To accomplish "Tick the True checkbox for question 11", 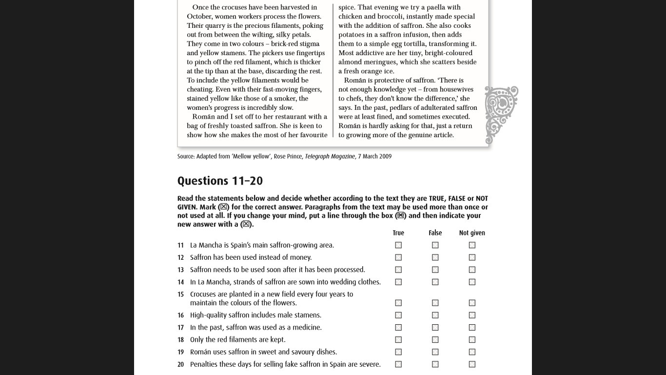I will tap(398, 245).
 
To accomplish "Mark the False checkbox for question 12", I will tap(435, 257).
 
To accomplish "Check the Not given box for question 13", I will tap(472, 270).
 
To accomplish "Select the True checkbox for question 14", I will tap(398, 282).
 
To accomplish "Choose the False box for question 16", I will tap(435, 315).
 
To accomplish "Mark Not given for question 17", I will tap(472, 327).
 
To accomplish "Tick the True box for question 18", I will tap(398, 339).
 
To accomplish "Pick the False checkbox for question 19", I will tap(435, 352).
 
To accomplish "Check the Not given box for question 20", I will tap(472, 364).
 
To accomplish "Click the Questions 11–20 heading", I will tap(220, 181).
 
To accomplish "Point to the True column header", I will tap(398, 233).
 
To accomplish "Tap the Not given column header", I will tap(472, 233).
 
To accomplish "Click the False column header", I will tap(435, 233).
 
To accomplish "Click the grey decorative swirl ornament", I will tap(501, 114).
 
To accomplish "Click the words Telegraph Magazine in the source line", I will tap(330, 156).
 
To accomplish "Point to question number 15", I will tap(180, 294).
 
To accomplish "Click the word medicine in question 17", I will tap(306, 327).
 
